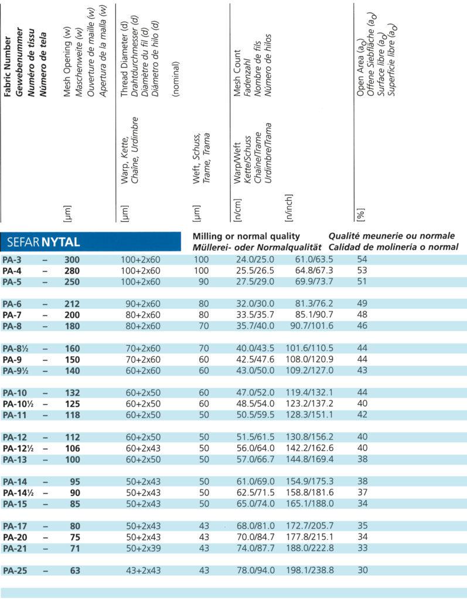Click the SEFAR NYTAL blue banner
click(91, 241)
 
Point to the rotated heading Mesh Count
click(237, 73)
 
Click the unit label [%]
click(359, 214)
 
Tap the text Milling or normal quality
click(247, 236)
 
